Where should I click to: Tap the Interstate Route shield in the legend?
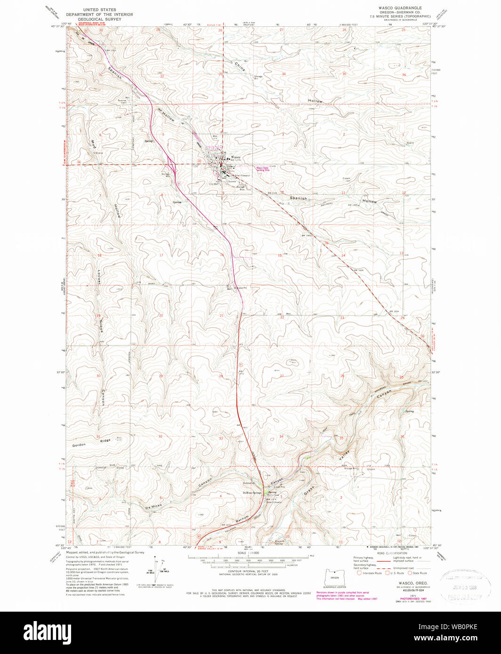coord(359,573)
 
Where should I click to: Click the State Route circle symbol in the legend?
coord(410,573)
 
